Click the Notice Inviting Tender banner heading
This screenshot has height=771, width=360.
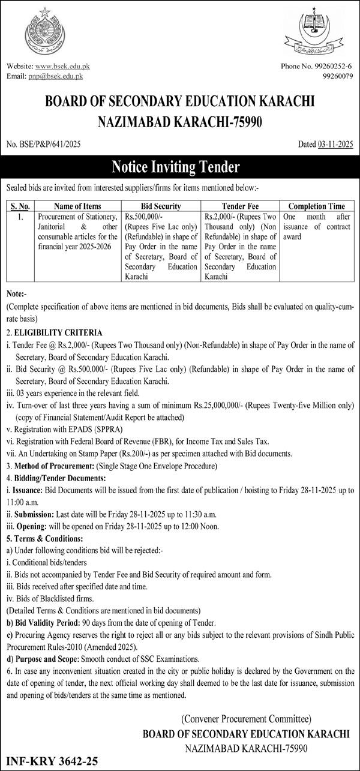click(x=180, y=166)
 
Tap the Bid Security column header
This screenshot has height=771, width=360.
click(x=161, y=205)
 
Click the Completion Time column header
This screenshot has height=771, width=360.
click(x=318, y=205)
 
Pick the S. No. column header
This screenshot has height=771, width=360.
click(x=20, y=205)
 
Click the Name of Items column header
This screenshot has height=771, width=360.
click(x=76, y=205)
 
